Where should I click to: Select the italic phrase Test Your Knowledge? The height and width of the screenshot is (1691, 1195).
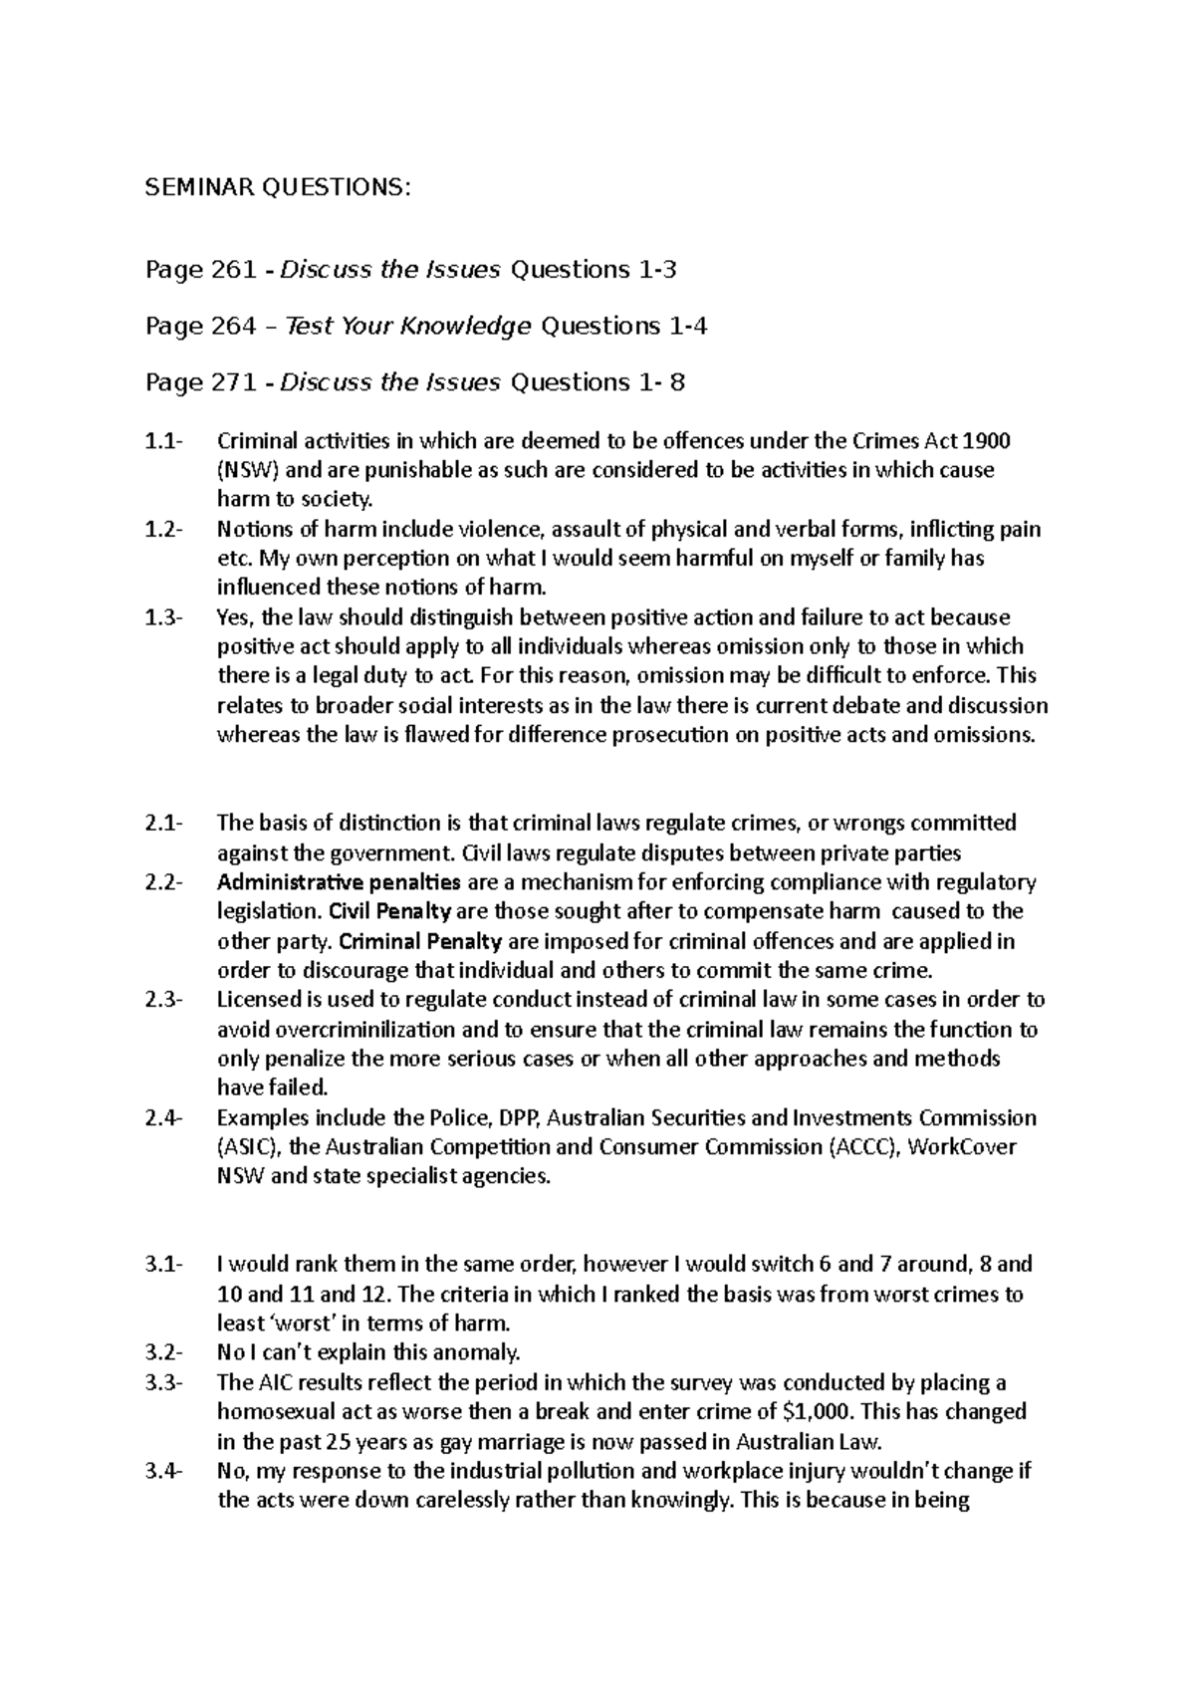coord(407,327)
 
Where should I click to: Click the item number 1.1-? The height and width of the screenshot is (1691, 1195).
coord(163,441)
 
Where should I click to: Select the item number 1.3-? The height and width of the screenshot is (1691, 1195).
coord(163,617)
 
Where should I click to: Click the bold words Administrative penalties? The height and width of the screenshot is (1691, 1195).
coord(339,882)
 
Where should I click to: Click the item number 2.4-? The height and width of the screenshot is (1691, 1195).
coord(163,1117)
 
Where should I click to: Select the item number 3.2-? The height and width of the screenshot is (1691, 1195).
coord(163,1352)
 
